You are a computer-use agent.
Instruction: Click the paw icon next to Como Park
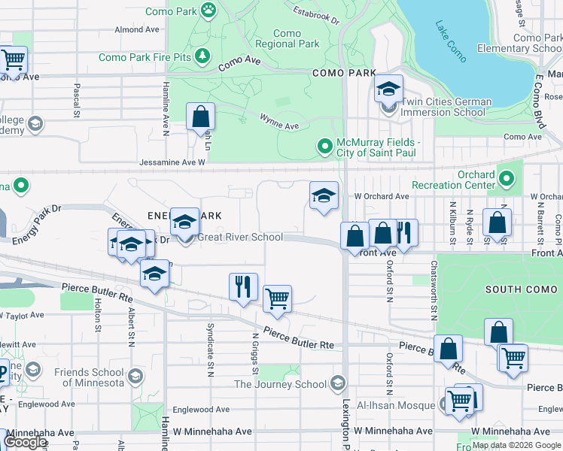[x=208, y=11]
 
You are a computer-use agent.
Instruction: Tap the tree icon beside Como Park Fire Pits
[x=202, y=56]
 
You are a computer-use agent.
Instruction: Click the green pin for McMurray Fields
[x=325, y=145]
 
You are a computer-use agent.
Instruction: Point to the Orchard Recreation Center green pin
[x=507, y=179]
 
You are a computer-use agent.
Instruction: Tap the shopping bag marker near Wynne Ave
[x=201, y=117]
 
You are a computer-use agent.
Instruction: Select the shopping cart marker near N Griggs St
[x=278, y=298]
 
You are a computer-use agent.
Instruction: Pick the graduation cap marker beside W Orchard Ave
[x=324, y=196]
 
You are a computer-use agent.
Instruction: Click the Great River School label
[x=239, y=238]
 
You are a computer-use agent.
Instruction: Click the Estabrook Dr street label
[x=316, y=16]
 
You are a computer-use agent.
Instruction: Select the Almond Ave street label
[x=137, y=29]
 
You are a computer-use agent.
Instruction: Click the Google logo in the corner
[x=26, y=441]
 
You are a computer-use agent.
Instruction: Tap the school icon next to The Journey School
[x=337, y=384]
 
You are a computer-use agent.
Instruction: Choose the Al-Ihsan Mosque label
[x=397, y=404]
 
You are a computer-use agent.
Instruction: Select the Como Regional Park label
[x=287, y=38]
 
